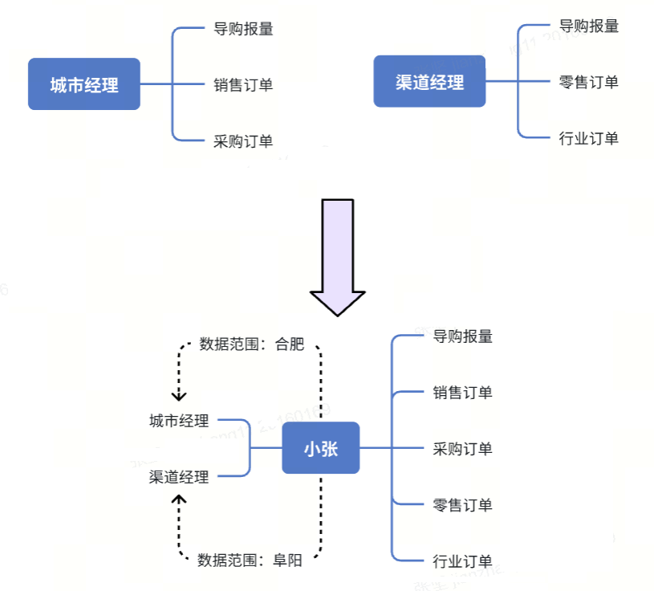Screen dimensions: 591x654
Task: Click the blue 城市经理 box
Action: click(83, 84)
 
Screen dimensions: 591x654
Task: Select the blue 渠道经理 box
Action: click(429, 81)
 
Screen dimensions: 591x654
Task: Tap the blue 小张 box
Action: click(320, 448)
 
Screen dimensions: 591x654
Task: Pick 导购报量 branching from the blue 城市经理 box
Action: click(243, 29)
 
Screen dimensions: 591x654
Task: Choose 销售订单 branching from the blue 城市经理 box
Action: click(243, 84)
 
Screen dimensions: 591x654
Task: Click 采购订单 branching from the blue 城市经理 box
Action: click(243, 141)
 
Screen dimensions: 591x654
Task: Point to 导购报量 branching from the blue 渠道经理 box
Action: click(589, 26)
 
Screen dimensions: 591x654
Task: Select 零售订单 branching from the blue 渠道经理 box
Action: click(589, 81)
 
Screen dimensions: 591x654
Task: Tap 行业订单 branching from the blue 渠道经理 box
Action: click(589, 138)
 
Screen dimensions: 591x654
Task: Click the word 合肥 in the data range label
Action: click(290, 345)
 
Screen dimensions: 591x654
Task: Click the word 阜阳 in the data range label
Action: click(288, 560)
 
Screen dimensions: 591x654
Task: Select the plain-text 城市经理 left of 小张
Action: click(179, 421)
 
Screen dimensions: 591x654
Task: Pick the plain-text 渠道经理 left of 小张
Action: click(179, 477)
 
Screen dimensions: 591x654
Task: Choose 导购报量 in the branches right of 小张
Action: click(462, 336)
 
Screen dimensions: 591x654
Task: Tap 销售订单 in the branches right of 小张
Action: click(462, 393)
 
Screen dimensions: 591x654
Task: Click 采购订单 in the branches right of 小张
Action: click(462, 448)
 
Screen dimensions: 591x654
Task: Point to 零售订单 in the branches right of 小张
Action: click(462, 504)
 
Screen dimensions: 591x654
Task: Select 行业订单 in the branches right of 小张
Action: click(462, 560)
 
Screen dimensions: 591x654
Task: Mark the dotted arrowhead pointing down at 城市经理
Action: click(179, 396)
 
